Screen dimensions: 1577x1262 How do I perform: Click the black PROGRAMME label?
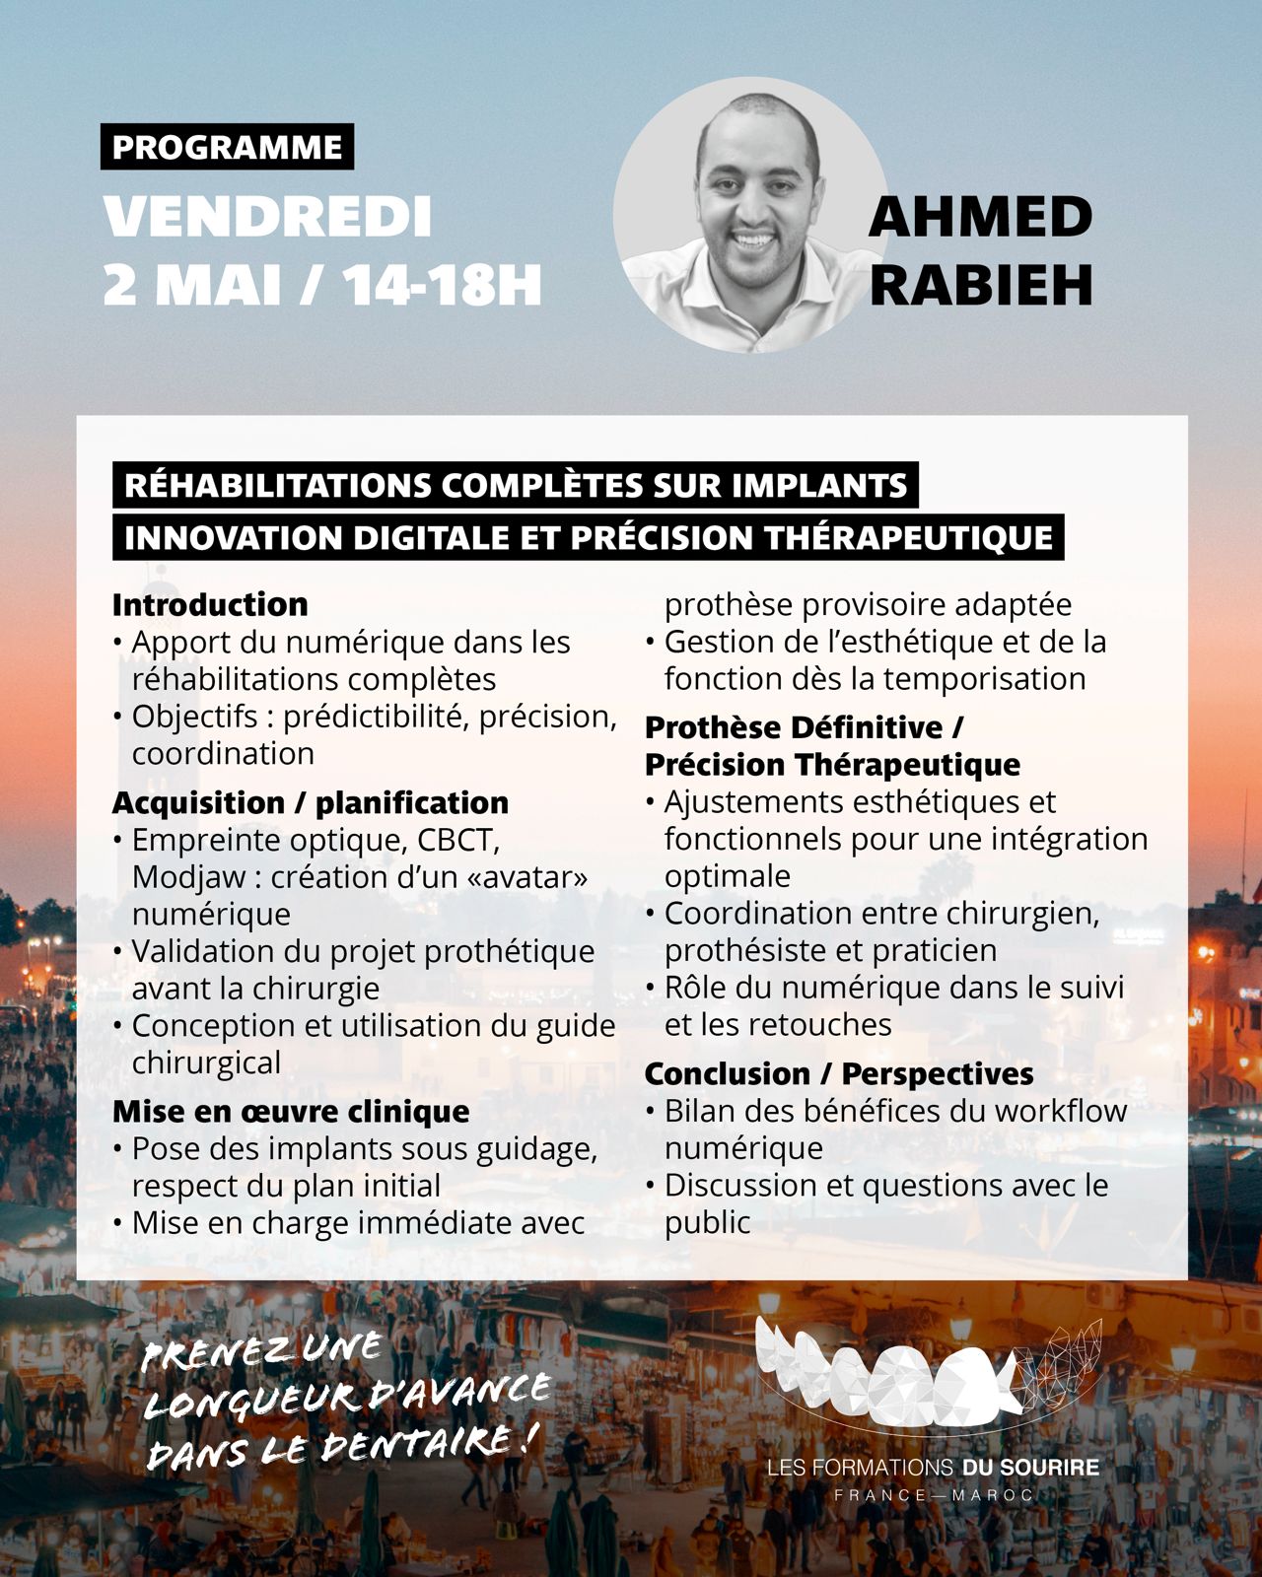[227, 147]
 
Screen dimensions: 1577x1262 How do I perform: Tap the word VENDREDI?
[268, 217]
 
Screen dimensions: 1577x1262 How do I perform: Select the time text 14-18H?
[443, 285]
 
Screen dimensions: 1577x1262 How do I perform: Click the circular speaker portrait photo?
[750, 215]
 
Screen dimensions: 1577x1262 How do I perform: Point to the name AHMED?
[980, 217]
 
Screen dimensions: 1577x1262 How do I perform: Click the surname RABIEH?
[980, 285]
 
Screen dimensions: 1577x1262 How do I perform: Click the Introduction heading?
[210, 604]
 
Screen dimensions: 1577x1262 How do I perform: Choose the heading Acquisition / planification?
[311, 802]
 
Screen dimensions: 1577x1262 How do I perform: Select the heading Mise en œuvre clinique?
[291, 1111]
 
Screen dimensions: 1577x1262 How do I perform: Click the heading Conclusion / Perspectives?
[839, 1073]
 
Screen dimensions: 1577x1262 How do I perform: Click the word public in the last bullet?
[707, 1222]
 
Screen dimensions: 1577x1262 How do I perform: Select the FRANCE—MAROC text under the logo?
[933, 1495]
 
